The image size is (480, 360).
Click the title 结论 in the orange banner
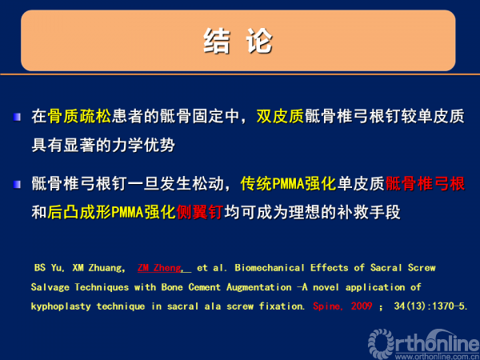click(x=238, y=41)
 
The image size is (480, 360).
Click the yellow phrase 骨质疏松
click(x=79, y=116)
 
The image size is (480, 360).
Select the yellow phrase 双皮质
click(x=280, y=116)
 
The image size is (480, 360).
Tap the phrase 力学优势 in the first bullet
click(x=143, y=145)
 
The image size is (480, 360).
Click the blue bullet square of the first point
click(x=17, y=117)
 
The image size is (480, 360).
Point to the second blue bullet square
click(x=17, y=184)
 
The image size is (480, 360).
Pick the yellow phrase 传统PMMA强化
click(x=288, y=184)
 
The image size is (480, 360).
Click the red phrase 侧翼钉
click(x=199, y=212)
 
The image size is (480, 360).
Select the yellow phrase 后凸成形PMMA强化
click(x=112, y=212)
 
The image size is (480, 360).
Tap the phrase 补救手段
click(x=369, y=212)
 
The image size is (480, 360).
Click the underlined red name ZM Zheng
click(x=159, y=268)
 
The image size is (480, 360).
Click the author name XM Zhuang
click(x=98, y=268)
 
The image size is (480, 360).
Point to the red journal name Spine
click(x=326, y=306)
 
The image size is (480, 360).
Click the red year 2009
click(x=362, y=306)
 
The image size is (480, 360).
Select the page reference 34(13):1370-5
click(x=430, y=306)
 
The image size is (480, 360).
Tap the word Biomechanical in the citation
click(x=270, y=268)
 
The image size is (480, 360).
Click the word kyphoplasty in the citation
click(x=61, y=306)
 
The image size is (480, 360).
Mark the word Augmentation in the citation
click(x=259, y=287)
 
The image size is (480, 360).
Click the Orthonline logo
click(x=424, y=344)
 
